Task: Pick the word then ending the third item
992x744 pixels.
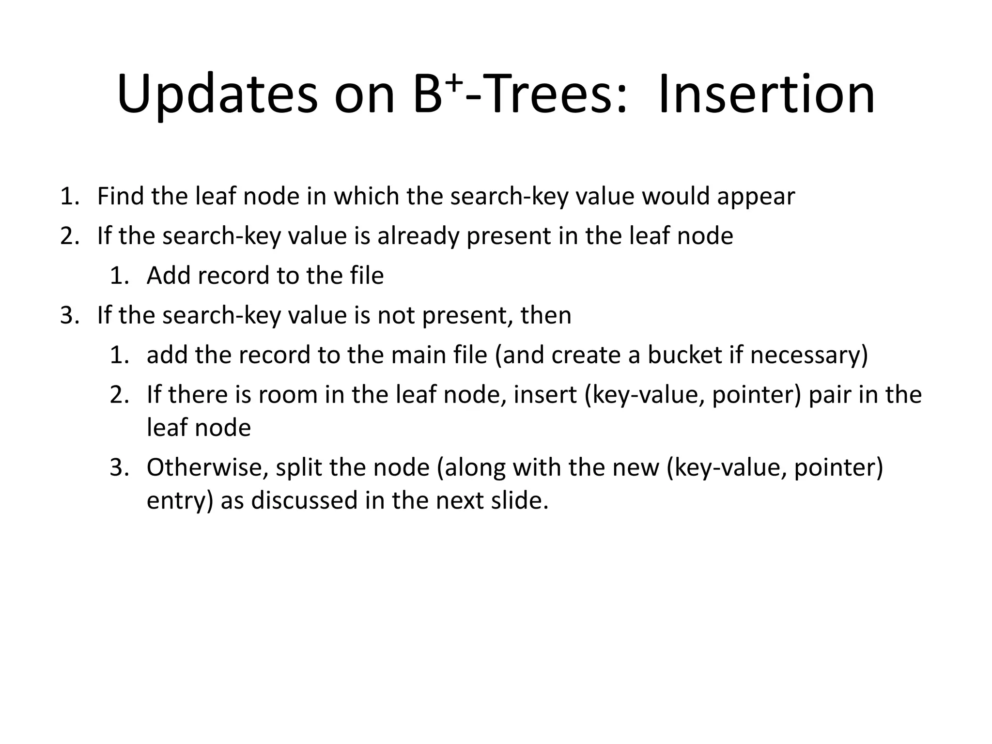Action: click(546, 315)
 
